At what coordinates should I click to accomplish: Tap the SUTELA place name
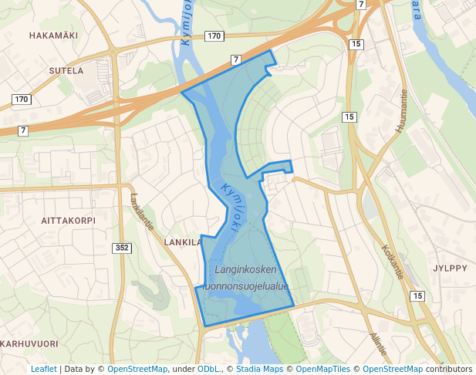(x=66, y=71)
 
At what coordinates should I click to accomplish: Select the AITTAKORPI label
(x=68, y=220)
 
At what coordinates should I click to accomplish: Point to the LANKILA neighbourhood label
(x=183, y=242)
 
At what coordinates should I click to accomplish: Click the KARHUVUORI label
(x=29, y=343)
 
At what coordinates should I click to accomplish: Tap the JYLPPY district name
(x=450, y=269)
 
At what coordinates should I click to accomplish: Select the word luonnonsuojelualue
(x=244, y=286)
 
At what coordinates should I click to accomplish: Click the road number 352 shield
(x=122, y=248)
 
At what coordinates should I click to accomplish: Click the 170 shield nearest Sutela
(x=21, y=100)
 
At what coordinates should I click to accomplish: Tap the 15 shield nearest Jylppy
(x=417, y=296)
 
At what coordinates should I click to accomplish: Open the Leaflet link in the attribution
(x=43, y=369)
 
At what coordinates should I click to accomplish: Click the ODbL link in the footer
(x=209, y=369)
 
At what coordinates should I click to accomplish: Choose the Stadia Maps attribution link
(x=257, y=369)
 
